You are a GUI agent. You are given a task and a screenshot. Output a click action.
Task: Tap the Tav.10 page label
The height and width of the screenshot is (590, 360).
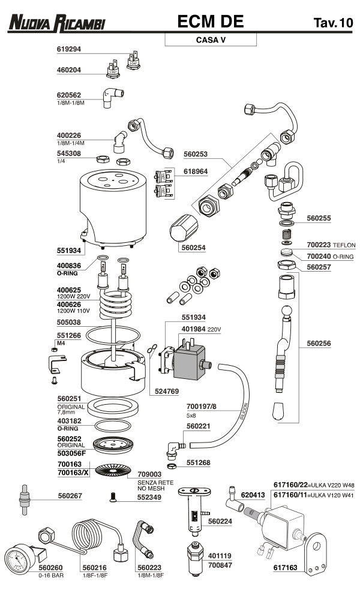click(x=332, y=23)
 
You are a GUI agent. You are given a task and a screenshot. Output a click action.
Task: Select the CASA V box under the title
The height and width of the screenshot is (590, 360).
click(x=210, y=40)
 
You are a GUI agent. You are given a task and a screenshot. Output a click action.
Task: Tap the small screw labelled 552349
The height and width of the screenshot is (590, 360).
click(x=112, y=496)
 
